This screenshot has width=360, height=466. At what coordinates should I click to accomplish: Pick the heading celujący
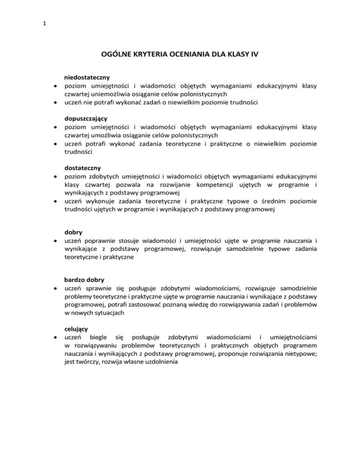click(x=76, y=329)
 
